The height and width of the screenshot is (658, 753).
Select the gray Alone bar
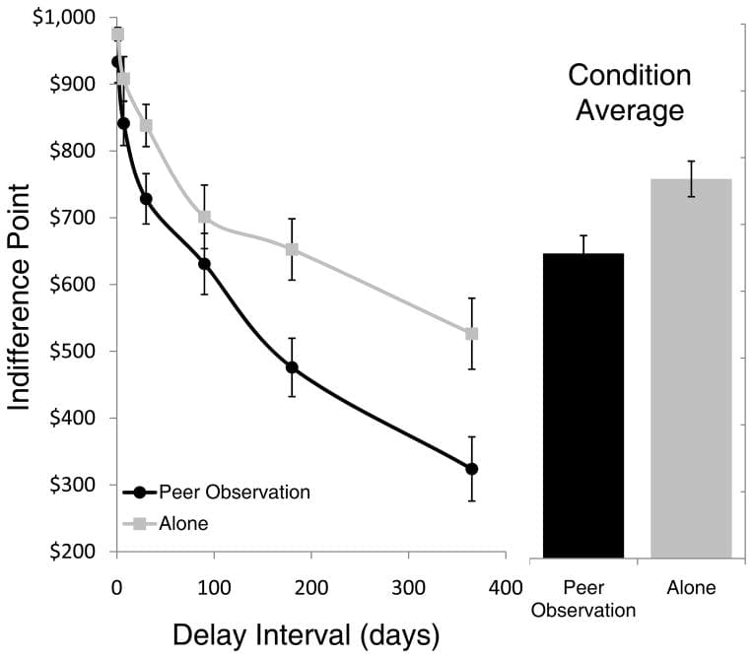691,368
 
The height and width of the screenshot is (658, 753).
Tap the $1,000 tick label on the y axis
66,19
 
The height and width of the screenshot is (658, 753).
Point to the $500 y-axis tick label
72,352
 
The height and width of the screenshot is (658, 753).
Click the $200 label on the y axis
72,552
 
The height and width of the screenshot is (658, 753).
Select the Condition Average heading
630,93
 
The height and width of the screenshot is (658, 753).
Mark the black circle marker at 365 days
472,469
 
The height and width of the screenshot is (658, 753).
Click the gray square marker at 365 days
472,334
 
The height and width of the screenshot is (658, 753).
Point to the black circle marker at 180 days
292,367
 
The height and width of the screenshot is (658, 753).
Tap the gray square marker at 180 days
292,249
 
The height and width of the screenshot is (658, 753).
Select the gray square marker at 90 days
205,217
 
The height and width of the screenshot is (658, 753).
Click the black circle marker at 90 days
205,264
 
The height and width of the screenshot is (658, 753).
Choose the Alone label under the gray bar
691,588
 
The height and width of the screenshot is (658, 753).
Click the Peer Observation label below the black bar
583,599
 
